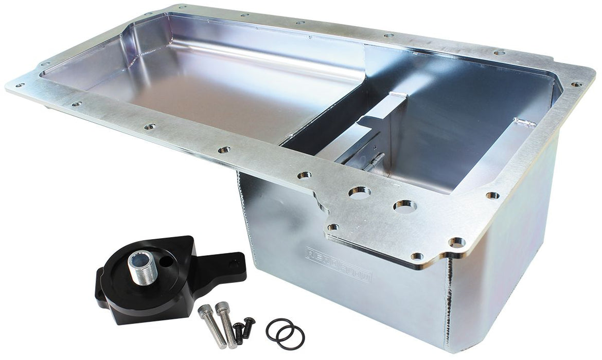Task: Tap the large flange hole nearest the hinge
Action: [359, 193]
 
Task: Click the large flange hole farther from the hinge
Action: [404, 206]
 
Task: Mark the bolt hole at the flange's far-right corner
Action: [576, 84]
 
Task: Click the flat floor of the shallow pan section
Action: [206, 98]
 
